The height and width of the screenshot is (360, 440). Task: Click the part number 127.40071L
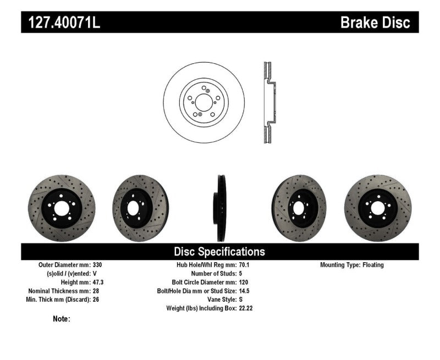(x=61, y=23)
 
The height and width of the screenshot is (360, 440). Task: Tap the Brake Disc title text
(x=375, y=23)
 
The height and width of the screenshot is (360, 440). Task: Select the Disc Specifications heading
(x=219, y=252)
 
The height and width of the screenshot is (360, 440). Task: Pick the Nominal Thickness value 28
(x=96, y=291)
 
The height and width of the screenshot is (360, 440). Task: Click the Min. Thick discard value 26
(x=96, y=300)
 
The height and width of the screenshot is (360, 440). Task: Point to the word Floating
(x=373, y=265)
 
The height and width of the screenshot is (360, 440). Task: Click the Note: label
(x=62, y=319)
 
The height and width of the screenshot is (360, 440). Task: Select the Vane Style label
(x=218, y=300)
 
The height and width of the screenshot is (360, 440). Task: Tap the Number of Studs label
(x=213, y=274)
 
